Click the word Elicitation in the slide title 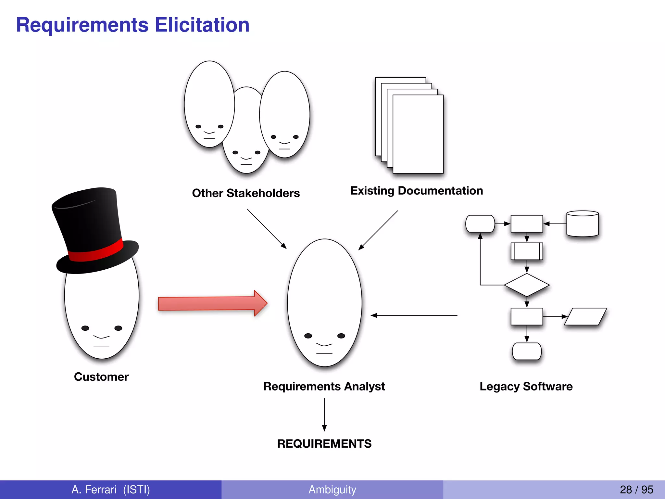point(202,25)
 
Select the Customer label point(101,377)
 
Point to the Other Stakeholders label point(246,193)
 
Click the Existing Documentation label point(417,191)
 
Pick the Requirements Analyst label point(324,386)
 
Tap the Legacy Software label point(526,386)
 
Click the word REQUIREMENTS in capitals point(324,444)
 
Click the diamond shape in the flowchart point(527,285)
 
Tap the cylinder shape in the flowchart point(583,224)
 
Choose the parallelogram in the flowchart point(585,316)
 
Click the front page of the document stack point(418,134)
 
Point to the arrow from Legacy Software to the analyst point(414,315)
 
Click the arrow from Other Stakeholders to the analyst point(267,229)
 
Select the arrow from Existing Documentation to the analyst point(378,230)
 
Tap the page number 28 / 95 point(636,490)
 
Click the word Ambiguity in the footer point(332,490)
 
